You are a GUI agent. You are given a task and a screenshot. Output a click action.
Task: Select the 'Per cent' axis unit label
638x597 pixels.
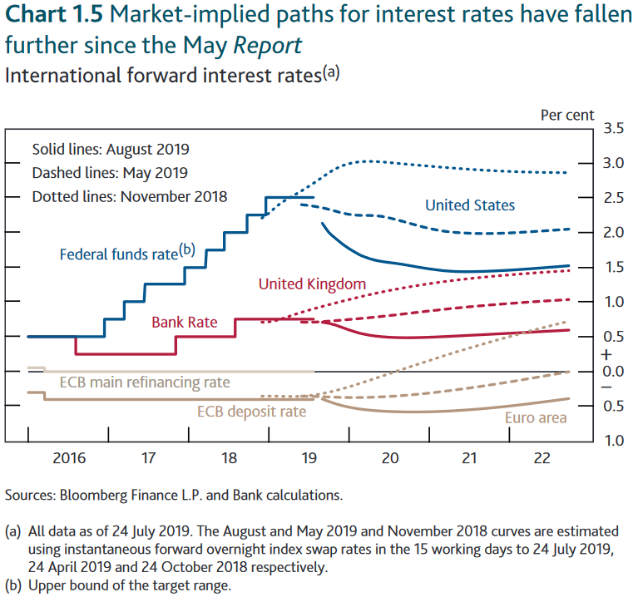(x=567, y=115)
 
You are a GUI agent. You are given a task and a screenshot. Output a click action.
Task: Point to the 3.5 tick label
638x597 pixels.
(x=614, y=128)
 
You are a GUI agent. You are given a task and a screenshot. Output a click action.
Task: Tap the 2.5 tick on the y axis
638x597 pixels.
(x=614, y=198)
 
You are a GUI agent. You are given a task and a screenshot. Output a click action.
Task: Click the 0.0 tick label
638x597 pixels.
(x=614, y=371)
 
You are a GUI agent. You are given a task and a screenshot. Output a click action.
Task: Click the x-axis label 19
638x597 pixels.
(x=309, y=457)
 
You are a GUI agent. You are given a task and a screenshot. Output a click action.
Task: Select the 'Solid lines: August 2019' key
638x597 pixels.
(x=111, y=150)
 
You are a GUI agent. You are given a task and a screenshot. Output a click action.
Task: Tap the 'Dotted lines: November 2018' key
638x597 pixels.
(x=129, y=197)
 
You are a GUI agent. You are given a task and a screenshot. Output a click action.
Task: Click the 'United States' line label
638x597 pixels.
(x=470, y=205)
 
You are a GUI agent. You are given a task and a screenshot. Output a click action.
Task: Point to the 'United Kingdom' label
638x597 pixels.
(x=312, y=284)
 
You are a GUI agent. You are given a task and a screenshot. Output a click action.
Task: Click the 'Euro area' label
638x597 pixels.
(x=536, y=417)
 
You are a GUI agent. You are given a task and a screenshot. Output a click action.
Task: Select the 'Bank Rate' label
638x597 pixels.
(x=184, y=322)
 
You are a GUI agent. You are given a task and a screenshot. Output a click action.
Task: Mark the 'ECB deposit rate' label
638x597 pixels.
(x=251, y=411)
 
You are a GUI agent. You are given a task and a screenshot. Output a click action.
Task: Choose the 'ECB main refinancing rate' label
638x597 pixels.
(x=145, y=382)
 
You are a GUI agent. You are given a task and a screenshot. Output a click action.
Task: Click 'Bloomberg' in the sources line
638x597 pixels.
(x=93, y=495)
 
